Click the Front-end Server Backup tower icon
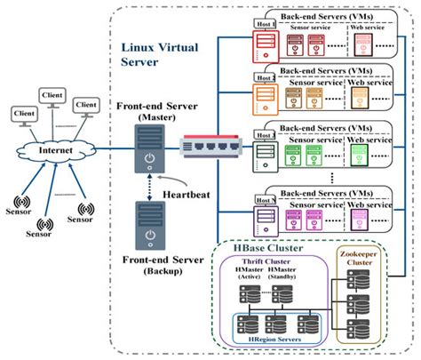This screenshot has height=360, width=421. (147, 228)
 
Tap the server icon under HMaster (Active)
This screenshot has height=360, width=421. (245, 291)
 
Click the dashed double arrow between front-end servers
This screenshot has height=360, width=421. (147, 188)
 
